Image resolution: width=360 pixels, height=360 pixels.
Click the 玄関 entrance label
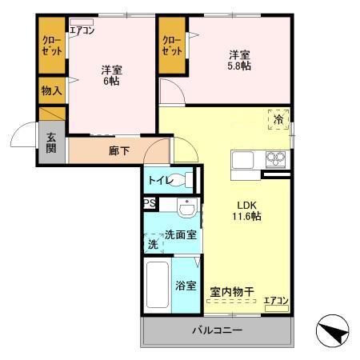tap(51, 143)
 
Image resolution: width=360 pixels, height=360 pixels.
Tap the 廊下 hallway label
tap(119, 151)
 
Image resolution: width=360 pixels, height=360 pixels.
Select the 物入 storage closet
tap(52, 90)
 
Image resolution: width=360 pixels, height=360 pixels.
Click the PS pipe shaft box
tap(150, 204)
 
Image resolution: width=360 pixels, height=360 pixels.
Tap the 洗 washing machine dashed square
tap(154, 243)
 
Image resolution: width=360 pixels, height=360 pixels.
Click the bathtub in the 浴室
tap(158, 285)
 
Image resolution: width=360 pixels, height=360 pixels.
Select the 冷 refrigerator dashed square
tap(278, 120)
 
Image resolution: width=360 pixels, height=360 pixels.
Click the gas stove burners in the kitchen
tap(275, 159)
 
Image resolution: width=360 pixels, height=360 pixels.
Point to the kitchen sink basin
tap(242, 160)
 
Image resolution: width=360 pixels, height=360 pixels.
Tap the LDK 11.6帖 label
tap(246, 210)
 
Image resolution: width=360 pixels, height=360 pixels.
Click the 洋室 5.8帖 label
tap(239, 61)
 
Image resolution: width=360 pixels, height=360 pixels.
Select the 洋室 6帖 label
tap(111, 75)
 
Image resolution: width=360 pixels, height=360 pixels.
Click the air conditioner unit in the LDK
tap(277, 308)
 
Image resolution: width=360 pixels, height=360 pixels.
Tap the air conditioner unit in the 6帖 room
tap(82, 22)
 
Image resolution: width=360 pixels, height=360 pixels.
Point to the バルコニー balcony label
tap(218, 330)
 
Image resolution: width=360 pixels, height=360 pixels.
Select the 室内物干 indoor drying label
tap(232, 292)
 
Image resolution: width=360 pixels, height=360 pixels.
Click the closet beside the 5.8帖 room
tap(172, 46)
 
